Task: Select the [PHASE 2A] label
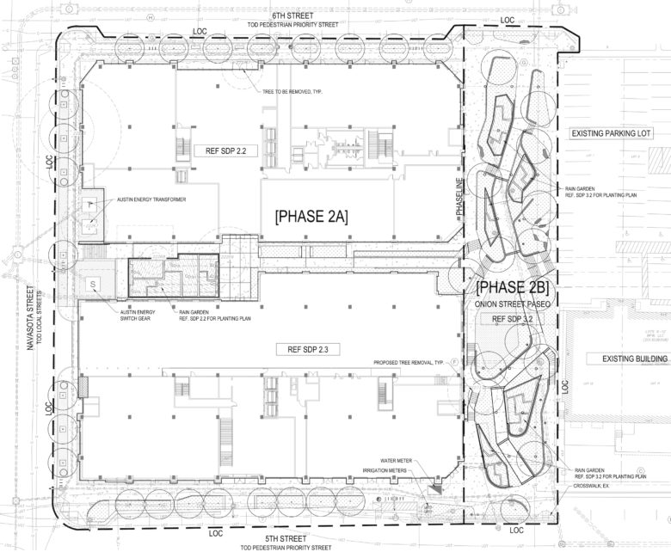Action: pos(311,218)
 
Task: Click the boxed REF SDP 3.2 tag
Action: pos(513,319)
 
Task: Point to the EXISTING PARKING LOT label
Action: pos(613,135)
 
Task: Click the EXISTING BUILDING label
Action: pos(621,358)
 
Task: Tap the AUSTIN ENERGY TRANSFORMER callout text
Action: pos(151,199)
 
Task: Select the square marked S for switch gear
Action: pos(91,283)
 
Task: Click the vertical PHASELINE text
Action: pos(460,198)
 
